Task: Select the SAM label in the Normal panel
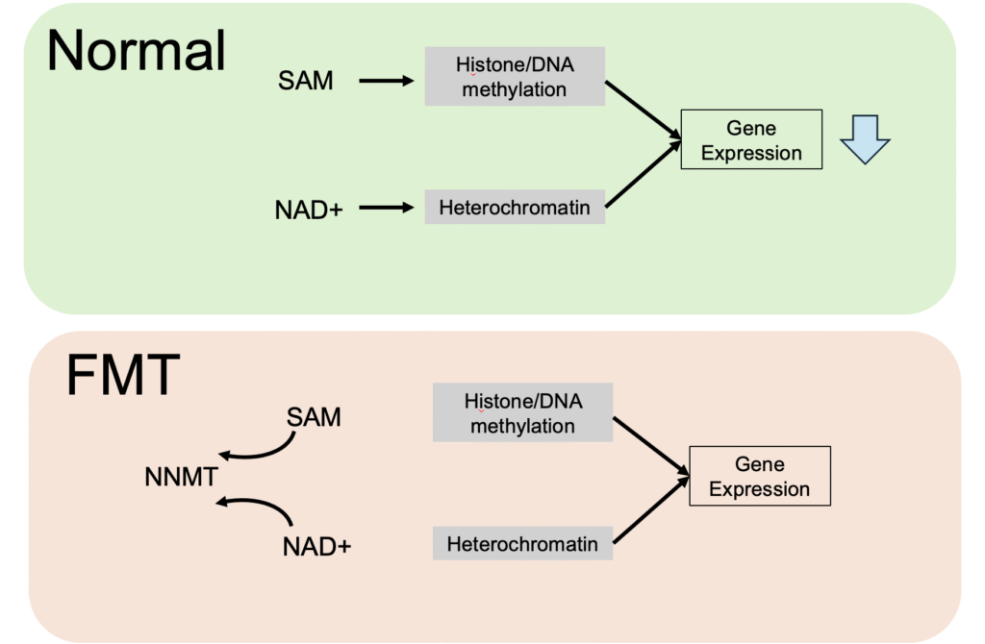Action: coord(306,82)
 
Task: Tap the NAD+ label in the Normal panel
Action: coord(308,207)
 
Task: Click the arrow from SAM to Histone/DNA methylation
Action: coord(385,82)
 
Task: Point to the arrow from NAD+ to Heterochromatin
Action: coord(385,207)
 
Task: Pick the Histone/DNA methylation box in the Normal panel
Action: coord(515,77)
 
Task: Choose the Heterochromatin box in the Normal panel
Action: coord(515,207)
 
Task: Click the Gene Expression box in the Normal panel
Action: coord(751,140)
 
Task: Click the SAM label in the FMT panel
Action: coord(314,418)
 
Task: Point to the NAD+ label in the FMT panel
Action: coord(316,546)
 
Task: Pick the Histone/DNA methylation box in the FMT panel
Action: coord(522,413)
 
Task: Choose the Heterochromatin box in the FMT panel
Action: coord(522,544)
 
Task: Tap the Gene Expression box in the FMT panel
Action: coord(759,477)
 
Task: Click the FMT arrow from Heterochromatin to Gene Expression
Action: coord(651,509)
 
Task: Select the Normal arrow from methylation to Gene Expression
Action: coord(643,111)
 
